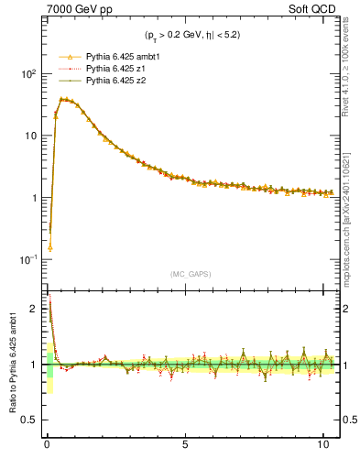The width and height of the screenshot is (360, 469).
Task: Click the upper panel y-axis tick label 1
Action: pos(33,198)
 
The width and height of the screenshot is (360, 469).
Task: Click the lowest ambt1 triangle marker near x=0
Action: pos(49,247)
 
